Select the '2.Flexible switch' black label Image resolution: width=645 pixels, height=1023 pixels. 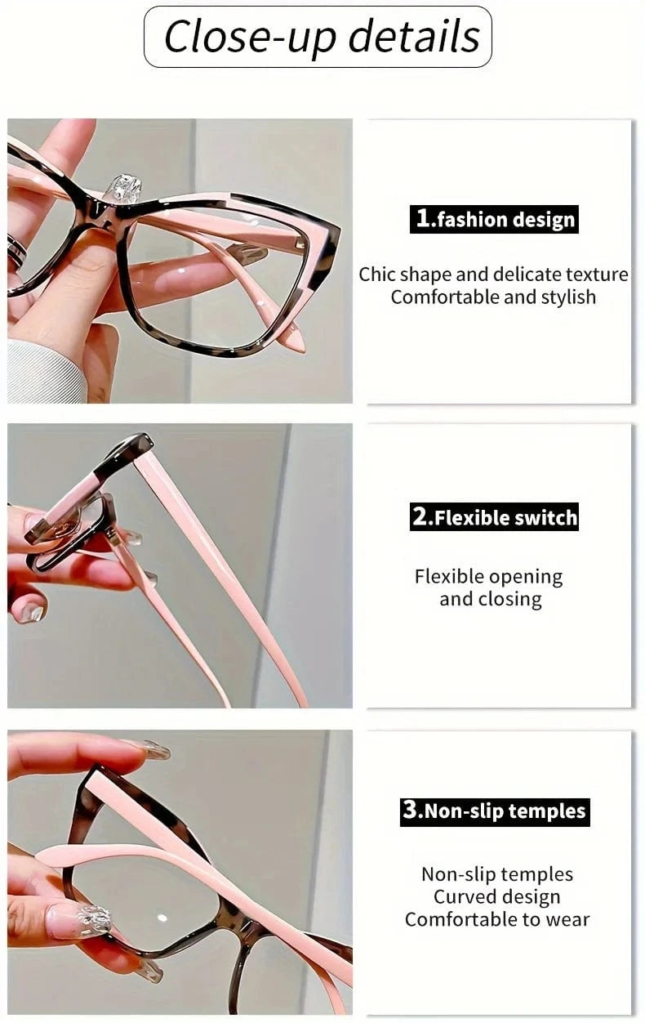point(494,517)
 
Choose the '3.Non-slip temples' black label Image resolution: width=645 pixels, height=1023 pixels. point(494,811)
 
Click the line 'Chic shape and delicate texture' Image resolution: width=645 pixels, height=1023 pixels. point(493,274)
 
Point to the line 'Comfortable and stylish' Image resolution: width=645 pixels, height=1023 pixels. point(493,297)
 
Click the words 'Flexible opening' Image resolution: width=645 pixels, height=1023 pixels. point(488,577)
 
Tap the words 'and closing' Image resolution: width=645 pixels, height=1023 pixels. point(490,599)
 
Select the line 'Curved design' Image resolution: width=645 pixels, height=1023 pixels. point(496,896)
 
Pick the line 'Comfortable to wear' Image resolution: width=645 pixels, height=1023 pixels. point(496,919)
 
